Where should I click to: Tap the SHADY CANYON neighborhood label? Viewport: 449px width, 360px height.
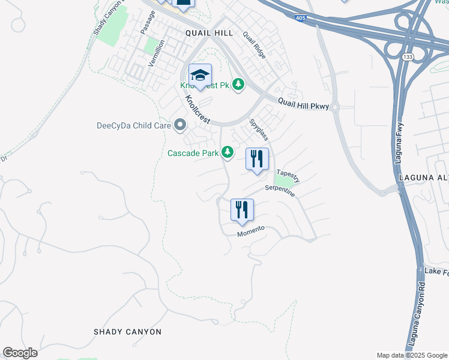(128, 332)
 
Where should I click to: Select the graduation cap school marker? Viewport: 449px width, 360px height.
(200, 76)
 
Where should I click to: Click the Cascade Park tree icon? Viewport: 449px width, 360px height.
(228, 152)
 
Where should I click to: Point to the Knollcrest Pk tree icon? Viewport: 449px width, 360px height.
(239, 85)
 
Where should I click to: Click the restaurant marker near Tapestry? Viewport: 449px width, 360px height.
(257, 159)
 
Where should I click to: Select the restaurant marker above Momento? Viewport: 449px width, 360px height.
(243, 210)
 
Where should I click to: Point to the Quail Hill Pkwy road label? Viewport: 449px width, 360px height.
(303, 104)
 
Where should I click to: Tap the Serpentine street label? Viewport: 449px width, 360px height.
(281, 192)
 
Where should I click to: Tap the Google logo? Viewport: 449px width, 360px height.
(20, 353)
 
